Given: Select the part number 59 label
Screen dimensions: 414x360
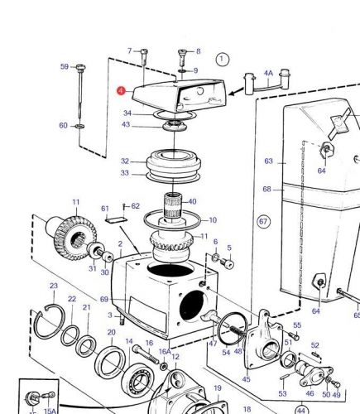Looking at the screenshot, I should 64,67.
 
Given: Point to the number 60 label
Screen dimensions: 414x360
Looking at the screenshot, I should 63,126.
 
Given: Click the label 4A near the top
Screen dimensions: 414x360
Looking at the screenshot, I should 267,73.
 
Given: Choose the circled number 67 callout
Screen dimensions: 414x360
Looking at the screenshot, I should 263,222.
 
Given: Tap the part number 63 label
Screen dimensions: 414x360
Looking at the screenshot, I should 268,161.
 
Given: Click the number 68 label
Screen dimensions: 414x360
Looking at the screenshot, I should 267,190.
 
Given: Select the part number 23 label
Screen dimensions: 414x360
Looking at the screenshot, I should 54,286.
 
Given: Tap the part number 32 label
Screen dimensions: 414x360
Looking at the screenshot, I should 125,161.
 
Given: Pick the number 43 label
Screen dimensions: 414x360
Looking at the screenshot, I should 126,125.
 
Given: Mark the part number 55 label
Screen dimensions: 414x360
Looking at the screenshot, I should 297,325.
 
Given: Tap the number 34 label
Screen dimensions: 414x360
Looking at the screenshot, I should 127,113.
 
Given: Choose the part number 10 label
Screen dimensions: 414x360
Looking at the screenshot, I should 213,220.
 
